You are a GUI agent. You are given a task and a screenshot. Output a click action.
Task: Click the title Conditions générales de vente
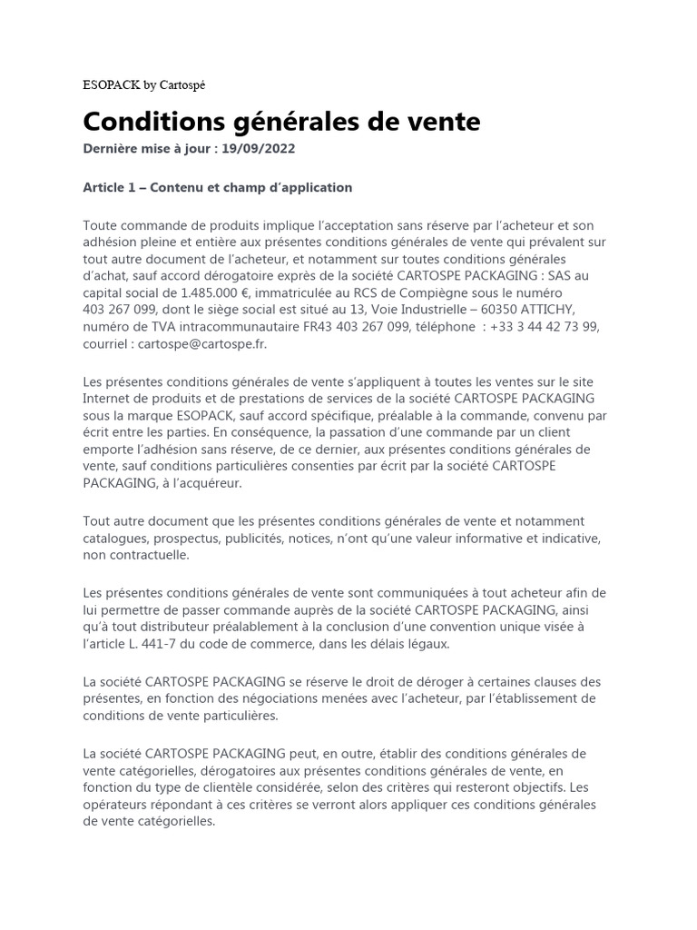[x=281, y=122]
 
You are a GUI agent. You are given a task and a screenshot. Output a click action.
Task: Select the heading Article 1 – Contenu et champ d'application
[x=217, y=188]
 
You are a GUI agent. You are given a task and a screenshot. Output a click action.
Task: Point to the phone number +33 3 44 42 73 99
[x=544, y=327]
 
